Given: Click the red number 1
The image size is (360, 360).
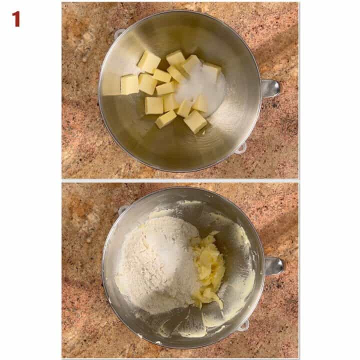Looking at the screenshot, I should [x=16, y=19].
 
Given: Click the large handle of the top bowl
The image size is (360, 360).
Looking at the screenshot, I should [x=270, y=88].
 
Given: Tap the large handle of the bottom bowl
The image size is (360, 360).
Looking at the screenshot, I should [x=274, y=265].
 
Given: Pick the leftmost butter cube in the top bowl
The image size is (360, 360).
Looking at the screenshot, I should [x=129, y=84].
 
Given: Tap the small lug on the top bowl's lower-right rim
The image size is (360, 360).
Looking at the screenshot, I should [x=241, y=147].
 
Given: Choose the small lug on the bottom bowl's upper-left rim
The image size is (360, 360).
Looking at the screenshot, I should [x=123, y=209].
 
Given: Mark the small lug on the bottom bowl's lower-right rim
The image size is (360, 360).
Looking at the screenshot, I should [x=243, y=325].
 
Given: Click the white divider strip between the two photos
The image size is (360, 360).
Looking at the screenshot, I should [x=180, y=180].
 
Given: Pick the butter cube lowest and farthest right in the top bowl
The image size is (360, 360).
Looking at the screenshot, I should [x=195, y=121].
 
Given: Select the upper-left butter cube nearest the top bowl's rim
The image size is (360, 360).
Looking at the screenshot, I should [x=149, y=61].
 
